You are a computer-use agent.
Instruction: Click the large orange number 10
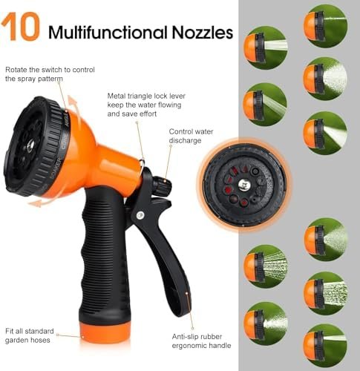20,27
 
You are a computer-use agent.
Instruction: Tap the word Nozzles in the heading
203,32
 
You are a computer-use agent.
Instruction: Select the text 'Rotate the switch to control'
50,70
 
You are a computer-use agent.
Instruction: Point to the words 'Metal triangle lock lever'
146,96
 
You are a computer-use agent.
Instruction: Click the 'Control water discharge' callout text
191,136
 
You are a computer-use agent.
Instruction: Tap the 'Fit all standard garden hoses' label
30,335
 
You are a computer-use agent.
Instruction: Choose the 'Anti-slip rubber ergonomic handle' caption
201,341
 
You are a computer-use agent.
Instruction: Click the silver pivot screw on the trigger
140,215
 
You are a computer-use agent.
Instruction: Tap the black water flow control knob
163,185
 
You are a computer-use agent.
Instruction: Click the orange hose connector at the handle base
105,332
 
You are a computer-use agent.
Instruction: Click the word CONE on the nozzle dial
65,141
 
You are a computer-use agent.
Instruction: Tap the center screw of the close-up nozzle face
243,185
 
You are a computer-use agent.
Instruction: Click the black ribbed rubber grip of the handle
105,255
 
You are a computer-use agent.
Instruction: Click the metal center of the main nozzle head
31,144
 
